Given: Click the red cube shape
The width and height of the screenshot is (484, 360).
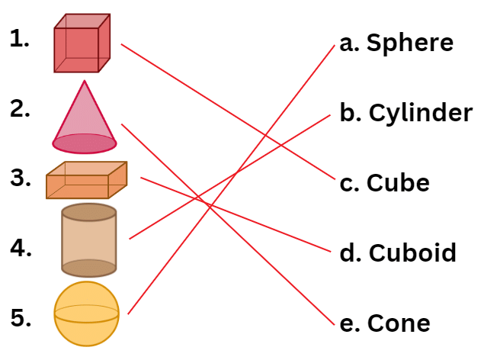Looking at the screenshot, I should tap(82, 43).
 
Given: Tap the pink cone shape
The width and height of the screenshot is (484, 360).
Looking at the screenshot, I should tap(85, 118).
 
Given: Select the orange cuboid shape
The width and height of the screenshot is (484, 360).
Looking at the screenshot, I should tap(86, 181).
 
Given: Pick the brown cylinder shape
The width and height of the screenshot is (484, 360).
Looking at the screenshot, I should tap(88, 239).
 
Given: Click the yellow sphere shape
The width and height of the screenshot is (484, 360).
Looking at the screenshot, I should tap(87, 313).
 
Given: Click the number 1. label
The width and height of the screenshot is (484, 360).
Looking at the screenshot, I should tap(20, 39).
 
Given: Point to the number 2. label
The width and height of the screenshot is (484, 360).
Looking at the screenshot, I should tap(21, 109).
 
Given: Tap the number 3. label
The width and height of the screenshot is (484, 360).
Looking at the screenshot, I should tap(21, 178).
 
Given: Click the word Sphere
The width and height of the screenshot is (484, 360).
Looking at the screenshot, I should tap(409, 43).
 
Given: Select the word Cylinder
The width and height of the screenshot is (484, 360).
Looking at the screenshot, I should tap(421, 114).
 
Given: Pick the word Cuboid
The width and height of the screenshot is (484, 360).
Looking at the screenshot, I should tap(412, 252).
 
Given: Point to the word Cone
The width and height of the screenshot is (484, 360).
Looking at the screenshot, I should tap(398, 323).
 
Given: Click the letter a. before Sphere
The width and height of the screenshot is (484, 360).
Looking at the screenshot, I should tap(349, 43).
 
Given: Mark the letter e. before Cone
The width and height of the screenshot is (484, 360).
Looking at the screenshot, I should tap(349, 323).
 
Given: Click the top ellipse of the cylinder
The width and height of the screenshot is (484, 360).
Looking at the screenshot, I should tap(88, 212).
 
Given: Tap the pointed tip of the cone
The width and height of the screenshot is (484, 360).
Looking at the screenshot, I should tap(85, 82).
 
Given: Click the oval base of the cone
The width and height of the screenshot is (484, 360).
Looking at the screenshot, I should tap(85, 143).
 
